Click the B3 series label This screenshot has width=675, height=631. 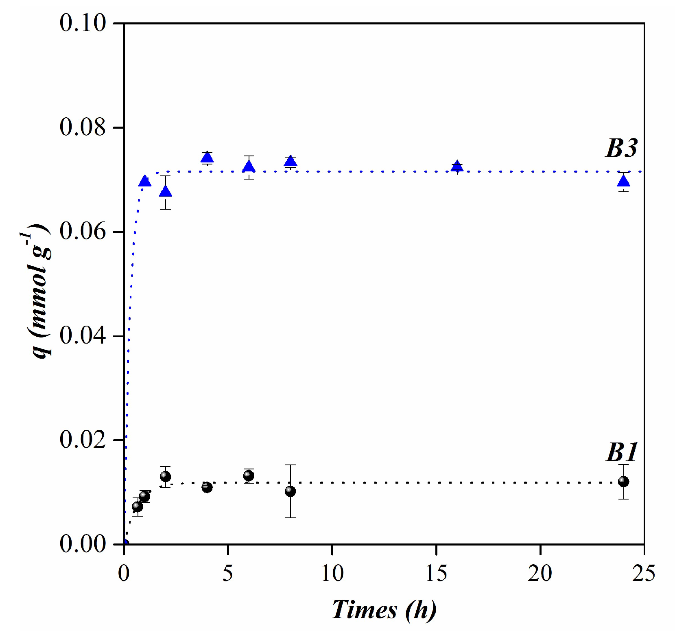pyautogui.click(x=621, y=148)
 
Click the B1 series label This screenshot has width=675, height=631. pyautogui.click(x=621, y=452)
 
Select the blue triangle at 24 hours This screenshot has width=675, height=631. pyautogui.click(x=623, y=181)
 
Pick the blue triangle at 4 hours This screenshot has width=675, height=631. pyautogui.click(x=207, y=158)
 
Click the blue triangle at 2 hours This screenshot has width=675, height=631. pyautogui.click(x=165, y=191)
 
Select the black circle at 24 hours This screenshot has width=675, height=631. pyautogui.click(x=623, y=482)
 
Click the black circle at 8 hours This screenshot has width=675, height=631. pyautogui.click(x=290, y=491)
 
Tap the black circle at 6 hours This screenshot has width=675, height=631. pyautogui.click(x=249, y=475)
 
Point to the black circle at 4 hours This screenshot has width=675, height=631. pyautogui.click(x=207, y=487)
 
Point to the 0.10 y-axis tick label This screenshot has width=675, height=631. pyautogui.click(x=83, y=23)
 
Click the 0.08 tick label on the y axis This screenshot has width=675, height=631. pyautogui.click(x=83, y=127)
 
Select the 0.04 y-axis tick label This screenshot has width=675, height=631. pyautogui.click(x=83, y=336)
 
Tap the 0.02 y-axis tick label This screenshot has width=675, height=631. pyautogui.click(x=83, y=440)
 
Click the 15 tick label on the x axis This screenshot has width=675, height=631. pyautogui.click(x=436, y=573)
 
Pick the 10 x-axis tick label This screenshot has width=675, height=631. pyautogui.click(x=332, y=573)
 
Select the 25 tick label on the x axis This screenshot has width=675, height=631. pyautogui.click(x=644, y=573)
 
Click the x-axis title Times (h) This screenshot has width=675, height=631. pyautogui.click(x=384, y=610)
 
